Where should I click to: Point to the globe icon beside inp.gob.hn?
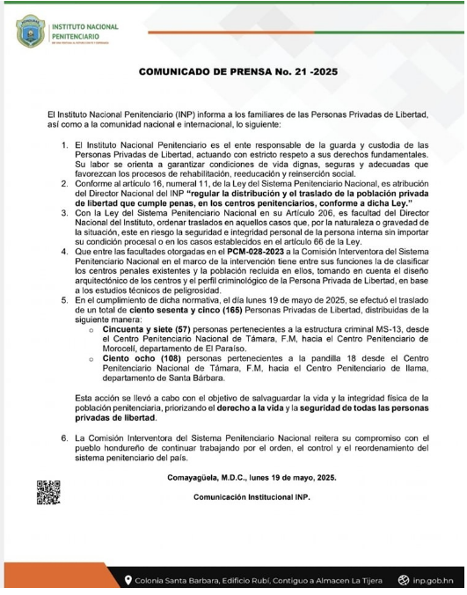coord(404,578)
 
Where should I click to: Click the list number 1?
coord(65,143)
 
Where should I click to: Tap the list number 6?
coord(65,437)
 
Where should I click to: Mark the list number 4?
coord(65,252)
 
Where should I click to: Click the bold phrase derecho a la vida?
coord(297,408)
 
